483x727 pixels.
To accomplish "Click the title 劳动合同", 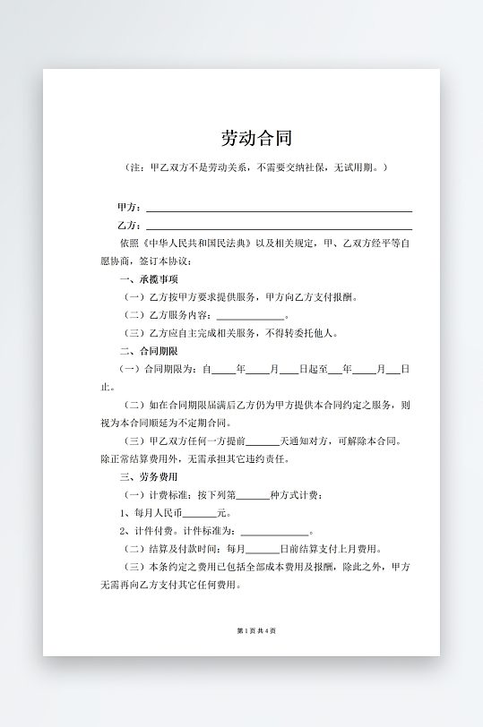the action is tap(256, 139).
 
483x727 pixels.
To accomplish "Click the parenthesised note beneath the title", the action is tap(256, 167).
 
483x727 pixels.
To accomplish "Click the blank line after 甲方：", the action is tap(279, 208).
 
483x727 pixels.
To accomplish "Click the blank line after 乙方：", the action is tap(279, 226).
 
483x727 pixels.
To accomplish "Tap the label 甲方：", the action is tap(129, 208).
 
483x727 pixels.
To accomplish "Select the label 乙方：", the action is tap(129, 226).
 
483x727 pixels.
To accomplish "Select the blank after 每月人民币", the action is tap(199, 514).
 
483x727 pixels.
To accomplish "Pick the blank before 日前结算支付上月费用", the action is tap(262, 550).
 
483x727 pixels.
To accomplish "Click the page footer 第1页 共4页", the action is tap(256, 631).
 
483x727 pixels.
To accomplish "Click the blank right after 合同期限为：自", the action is tap(223, 369).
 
